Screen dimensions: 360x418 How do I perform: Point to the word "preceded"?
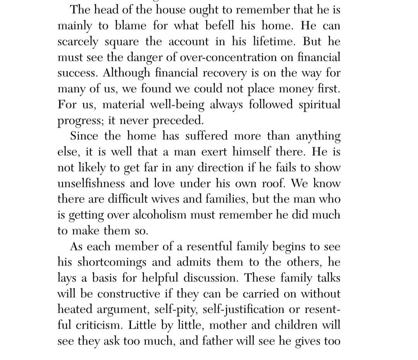pos(178,120)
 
